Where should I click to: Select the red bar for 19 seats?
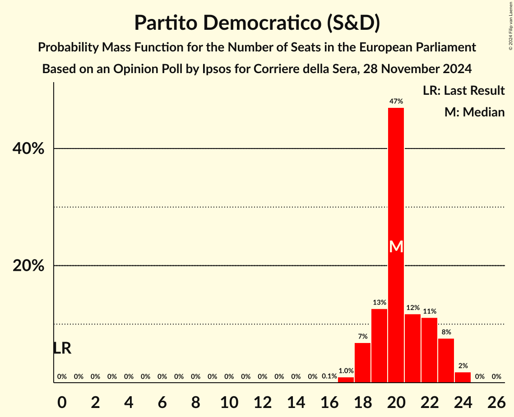click(x=379, y=346)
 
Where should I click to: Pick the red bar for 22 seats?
click(x=429, y=350)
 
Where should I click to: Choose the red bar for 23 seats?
click(x=446, y=361)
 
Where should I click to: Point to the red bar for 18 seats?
click(x=362, y=363)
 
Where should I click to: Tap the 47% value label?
click(x=396, y=102)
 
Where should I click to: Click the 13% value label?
click(x=379, y=302)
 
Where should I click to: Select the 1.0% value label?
click(x=346, y=371)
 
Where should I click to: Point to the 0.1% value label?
click(x=329, y=376)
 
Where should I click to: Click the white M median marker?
click(x=396, y=246)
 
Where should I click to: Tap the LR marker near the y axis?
click(x=62, y=348)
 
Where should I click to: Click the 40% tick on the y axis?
click(x=28, y=148)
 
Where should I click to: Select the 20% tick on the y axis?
click(x=28, y=266)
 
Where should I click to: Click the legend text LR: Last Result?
click(x=463, y=91)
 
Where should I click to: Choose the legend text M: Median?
click(x=474, y=112)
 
